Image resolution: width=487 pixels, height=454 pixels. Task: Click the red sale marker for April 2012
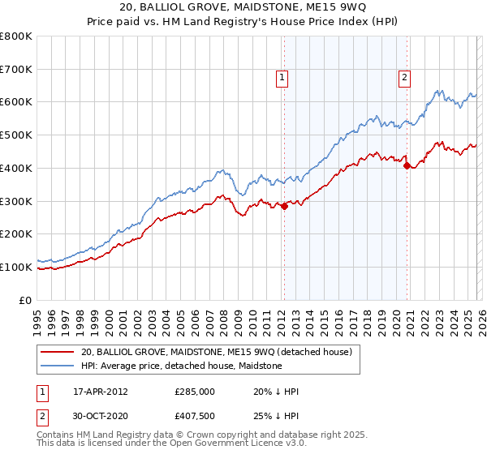coord(284,207)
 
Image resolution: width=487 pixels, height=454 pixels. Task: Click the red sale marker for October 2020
coord(407,165)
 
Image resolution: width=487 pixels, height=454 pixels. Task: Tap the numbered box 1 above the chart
coord(282,78)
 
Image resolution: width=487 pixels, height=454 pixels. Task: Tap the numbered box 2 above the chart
coord(403,78)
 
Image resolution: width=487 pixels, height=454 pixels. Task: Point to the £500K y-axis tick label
coord(16,135)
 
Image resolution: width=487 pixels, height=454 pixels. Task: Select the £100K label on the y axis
coord(16,267)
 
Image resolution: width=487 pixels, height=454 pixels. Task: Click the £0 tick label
coord(26,300)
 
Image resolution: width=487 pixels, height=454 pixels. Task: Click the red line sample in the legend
coord(57,353)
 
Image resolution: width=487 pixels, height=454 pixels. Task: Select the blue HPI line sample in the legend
coord(57,366)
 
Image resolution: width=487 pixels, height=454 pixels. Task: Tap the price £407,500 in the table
coord(196,416)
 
